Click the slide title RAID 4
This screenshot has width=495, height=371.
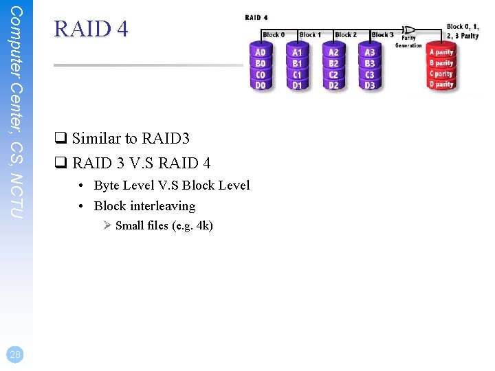click(x=91, y=29)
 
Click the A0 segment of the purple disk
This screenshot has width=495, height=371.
click(x=261, y=52)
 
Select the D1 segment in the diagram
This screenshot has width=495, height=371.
click(x=297, y=85)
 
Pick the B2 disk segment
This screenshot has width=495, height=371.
click(x=333, y=63)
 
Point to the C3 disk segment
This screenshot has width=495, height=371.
click(x=370, y=74)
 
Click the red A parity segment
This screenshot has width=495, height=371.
click(x=441, y=52)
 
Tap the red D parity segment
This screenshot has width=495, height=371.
click(x=441, y=85)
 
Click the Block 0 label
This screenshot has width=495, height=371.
click(x=273, y=34)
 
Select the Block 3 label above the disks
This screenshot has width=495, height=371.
click(x=382, y=34)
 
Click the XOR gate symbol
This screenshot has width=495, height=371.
click(x=409, y=30)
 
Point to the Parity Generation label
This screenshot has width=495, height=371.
click(x=409, y=41)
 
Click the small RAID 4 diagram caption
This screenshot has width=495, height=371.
click(x=256, y=17)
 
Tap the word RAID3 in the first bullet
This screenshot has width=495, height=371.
click(x=166, y=139)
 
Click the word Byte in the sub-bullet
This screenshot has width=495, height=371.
click(x=107, y=185)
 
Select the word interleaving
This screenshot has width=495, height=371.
click(x=163, y=206)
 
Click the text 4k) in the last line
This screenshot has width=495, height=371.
click(x=204, y=225)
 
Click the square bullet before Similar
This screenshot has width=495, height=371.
click(x=60, y=139)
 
